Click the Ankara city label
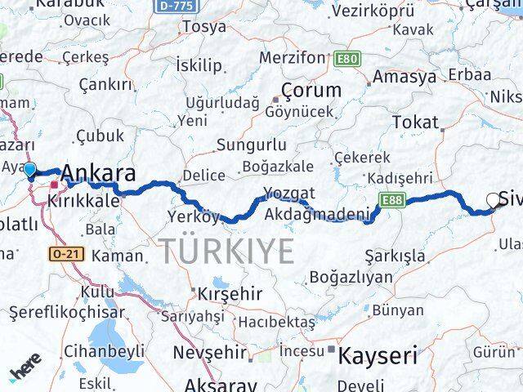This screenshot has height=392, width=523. point(98,174)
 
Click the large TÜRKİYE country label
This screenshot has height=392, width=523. point(226,250)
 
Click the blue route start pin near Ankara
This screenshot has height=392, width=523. point(30,171)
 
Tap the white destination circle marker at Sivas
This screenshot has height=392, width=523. point(493,198)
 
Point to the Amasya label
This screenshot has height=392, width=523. point(403,78)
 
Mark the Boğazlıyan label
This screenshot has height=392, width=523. point(351,277)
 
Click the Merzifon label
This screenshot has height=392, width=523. point(292,58)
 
